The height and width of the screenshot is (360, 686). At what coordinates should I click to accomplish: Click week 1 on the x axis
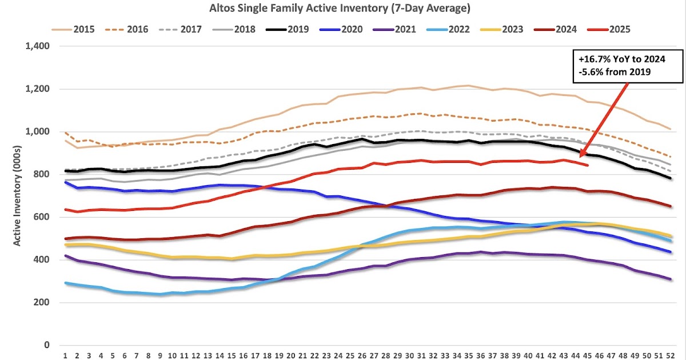66,354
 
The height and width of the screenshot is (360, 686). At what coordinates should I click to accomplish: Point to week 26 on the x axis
362,354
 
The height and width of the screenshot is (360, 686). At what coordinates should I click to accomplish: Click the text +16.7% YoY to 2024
617,58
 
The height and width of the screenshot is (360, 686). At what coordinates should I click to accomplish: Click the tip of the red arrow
580,155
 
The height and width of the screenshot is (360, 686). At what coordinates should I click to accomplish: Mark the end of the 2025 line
588,166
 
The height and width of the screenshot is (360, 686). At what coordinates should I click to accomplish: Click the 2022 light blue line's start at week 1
66,283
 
